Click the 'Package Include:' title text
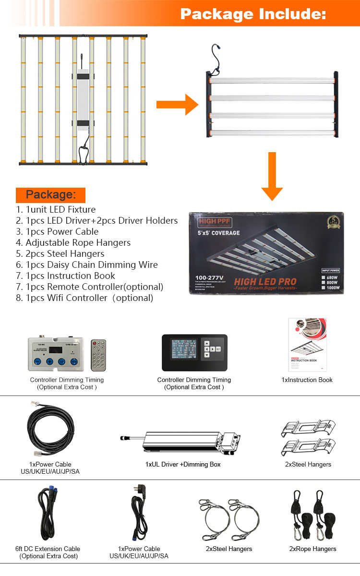click(253, 14)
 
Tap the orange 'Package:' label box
click(50, 195)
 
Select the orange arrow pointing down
click(272, 176)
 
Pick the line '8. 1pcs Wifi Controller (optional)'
click(84, 298)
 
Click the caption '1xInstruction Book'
click(307, 380)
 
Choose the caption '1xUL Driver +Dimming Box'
click(183, 464)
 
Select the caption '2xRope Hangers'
click(312, 549)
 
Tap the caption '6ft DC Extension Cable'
click(48, 549)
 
